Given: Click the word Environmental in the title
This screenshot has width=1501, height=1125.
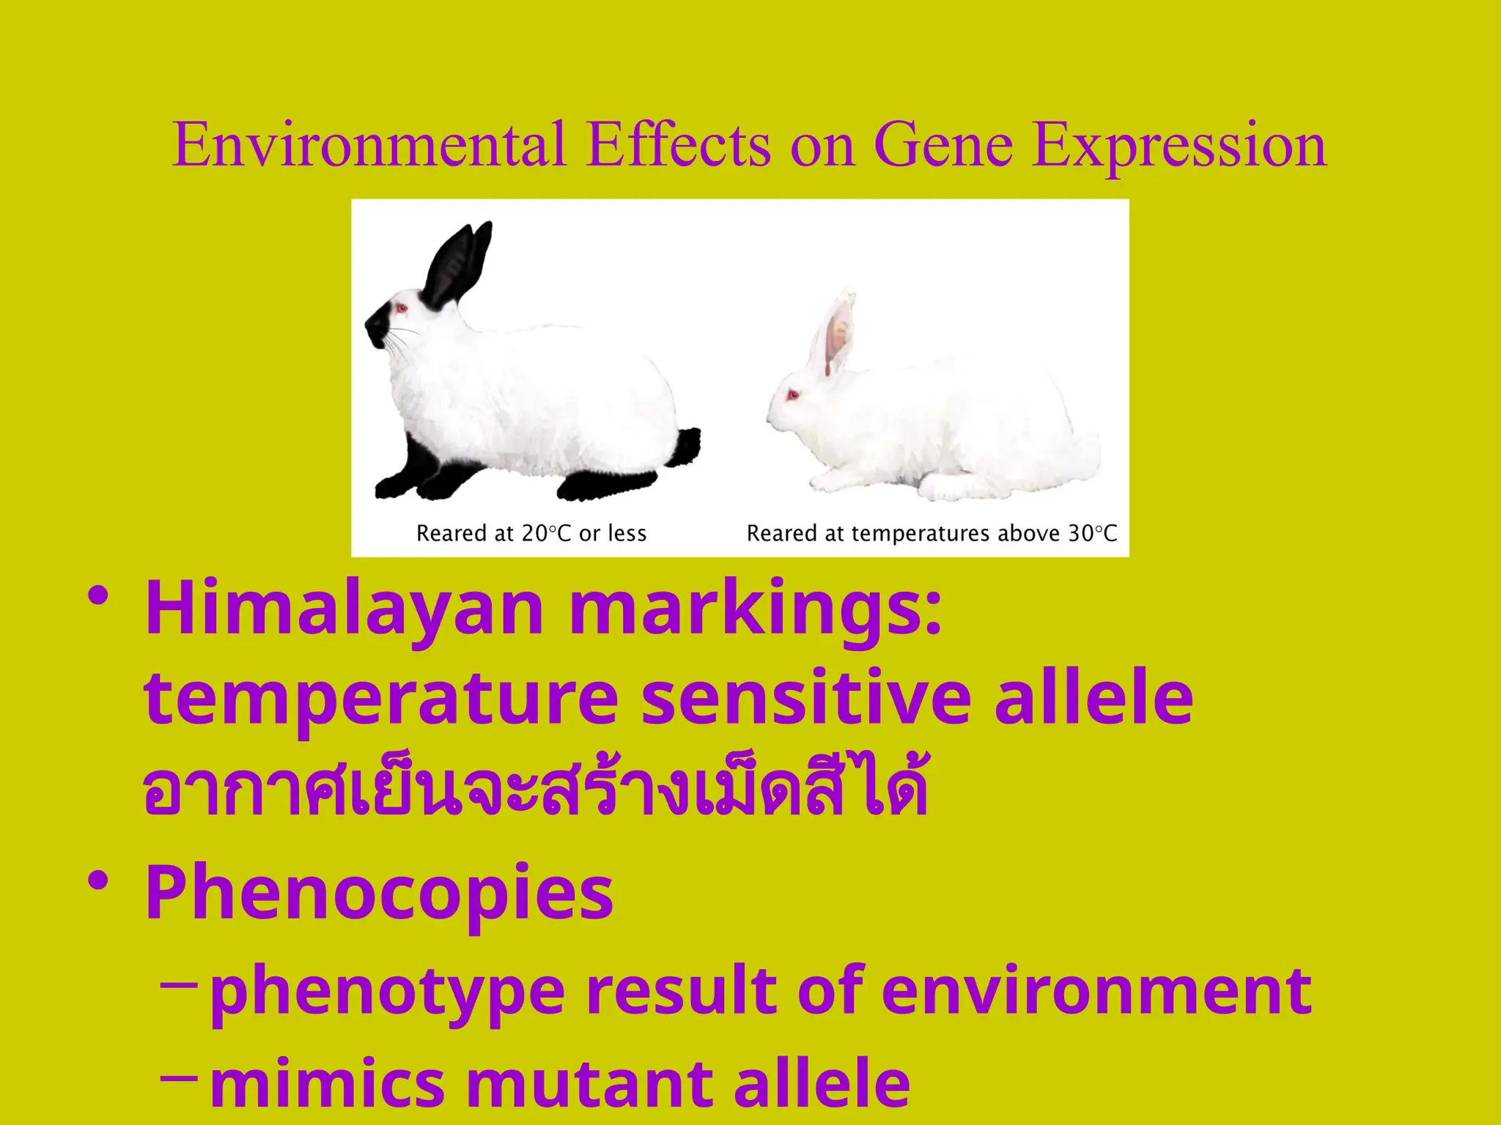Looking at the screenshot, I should pos(369,145).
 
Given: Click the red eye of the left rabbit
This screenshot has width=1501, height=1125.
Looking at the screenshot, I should pos(402,308).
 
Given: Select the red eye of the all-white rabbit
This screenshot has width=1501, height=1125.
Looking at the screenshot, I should pos(792,396).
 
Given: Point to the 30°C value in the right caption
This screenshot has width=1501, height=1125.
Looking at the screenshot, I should pos(1092,533).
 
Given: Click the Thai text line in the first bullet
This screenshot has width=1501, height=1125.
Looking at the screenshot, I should pos(535,791).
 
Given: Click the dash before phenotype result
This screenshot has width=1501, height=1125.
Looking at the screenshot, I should pos(177,985).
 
